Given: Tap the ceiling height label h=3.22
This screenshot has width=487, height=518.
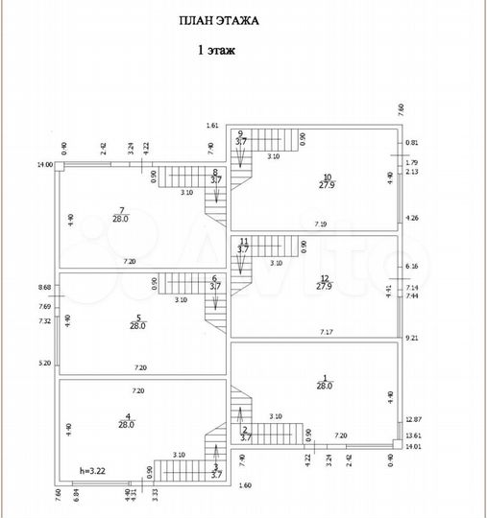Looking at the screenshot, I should point(94,471).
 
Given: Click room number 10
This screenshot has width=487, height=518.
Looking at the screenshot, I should point(327,177).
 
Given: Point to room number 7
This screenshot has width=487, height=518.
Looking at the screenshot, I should point(122,210).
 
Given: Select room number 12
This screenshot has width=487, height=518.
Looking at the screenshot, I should point(324,278).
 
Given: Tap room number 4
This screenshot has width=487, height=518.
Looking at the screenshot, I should point(127,415).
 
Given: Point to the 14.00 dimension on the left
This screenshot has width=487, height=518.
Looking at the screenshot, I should point(44,165).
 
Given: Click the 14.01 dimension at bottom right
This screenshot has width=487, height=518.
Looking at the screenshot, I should point(414,446).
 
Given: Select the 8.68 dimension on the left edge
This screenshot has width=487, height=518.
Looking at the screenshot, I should point(45,287).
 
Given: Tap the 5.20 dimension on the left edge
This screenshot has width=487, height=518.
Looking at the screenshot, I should point(45,363).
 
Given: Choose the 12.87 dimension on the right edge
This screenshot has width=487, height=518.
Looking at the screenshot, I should point(414,419).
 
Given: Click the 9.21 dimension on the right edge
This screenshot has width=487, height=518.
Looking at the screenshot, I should point(413,339).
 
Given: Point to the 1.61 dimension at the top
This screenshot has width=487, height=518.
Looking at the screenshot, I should point(213,126).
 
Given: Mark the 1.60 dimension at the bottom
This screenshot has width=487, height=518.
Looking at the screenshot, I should point(244,486).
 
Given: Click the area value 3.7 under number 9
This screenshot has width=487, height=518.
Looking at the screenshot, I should point(242,141).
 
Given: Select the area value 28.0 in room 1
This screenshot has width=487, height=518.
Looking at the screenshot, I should point(325,386).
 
